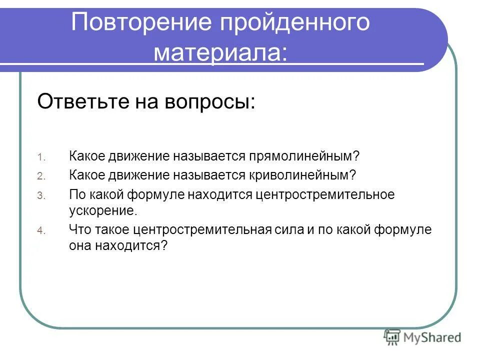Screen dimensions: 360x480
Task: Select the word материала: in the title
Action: pos(220,52)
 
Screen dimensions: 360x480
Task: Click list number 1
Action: pos(41,157)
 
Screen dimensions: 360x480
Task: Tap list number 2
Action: pos(41,176)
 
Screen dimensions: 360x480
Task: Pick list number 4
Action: pos(41,231)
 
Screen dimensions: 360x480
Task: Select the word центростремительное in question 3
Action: pos(325,194)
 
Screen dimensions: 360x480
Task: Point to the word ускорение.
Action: pos(102,210)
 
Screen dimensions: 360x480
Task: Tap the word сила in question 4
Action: pos(289,230)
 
